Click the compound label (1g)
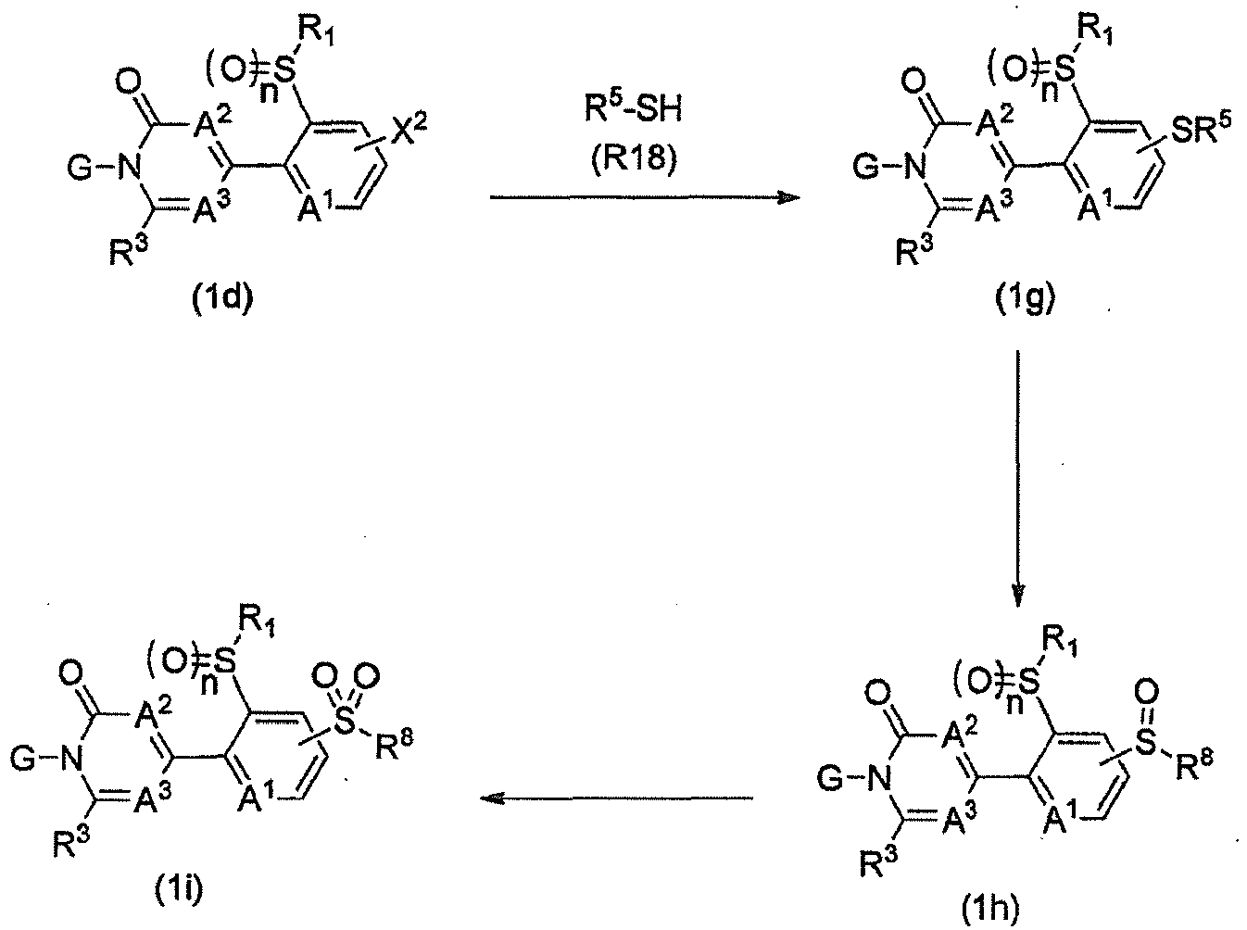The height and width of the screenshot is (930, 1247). (1026, 300)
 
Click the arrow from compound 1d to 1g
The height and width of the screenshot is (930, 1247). (645, 197)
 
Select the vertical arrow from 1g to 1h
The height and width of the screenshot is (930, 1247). (1017, 479)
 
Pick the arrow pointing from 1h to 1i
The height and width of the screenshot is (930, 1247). (617, 798)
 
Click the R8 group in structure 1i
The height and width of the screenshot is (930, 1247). (394, 745)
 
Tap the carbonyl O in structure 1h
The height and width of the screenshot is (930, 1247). (877, 694)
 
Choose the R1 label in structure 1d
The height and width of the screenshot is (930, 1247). (316, 35)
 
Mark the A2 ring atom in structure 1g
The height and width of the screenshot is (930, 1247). (995, 124)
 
